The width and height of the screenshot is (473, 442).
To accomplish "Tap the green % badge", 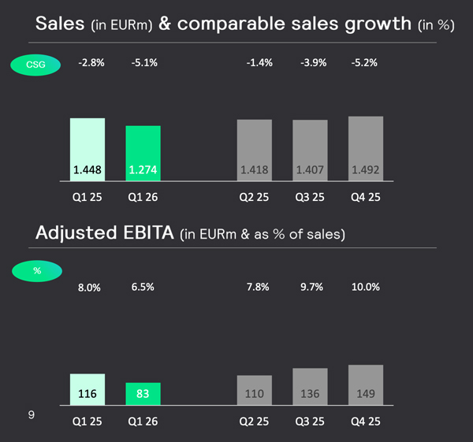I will coord(36,270).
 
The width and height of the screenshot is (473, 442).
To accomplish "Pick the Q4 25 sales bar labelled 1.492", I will coord(366,150).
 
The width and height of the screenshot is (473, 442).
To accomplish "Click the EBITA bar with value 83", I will coord(143,395).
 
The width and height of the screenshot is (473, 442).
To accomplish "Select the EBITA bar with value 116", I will coord(87,390).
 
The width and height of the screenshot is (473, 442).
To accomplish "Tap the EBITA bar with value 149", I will coord(366,385).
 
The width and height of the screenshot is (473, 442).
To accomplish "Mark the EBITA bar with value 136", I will coord(310,387).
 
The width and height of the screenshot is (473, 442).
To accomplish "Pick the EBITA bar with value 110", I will coord(255,391).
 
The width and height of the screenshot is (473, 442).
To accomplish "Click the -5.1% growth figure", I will coord(143,61).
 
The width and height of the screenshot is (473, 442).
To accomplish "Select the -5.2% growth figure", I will coord(366,61).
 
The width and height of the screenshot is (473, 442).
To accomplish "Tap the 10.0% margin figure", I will coord(366,288).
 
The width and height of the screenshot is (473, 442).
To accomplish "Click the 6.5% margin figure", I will coord(143,288).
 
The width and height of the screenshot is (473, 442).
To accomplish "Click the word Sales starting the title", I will coord(61,24).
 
